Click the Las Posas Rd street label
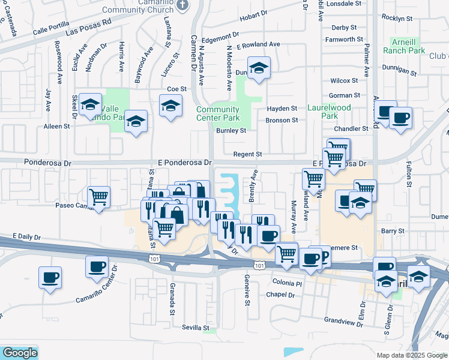pos(89,28)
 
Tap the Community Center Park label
pos(218,113)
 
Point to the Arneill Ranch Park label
pos(408,47)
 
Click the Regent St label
pos(248,154)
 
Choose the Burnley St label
pos(231,130)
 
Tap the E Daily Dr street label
pos(29,237)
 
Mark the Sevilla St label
pos(196,328)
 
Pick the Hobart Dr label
pos(253,18)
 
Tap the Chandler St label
pos(351,129)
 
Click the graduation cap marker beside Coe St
pos(171,106)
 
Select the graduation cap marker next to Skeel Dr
pos(90,106)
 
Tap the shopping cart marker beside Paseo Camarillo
pos(99,196)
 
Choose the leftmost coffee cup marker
pos(50,278)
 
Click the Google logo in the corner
pos(19,353)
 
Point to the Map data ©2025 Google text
pos(411,355)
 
